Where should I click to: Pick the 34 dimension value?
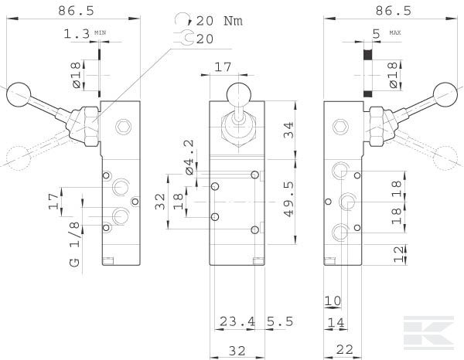tap(288, 129)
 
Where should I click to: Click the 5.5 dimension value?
tap(279, 321)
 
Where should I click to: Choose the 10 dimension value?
tap(333, 300)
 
